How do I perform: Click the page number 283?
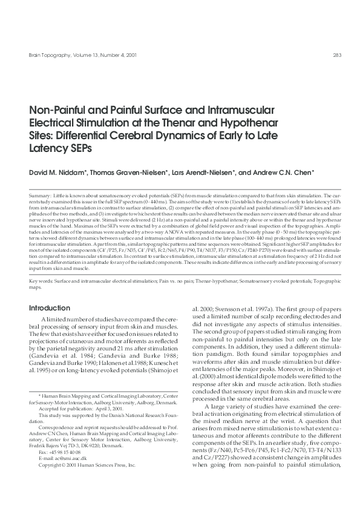coord(338,56)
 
